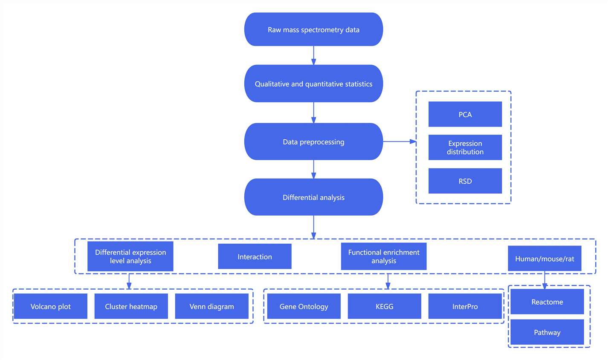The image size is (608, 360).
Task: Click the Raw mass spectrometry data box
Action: (x=313, y=29)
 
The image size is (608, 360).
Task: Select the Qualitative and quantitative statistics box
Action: (x=313, y=84)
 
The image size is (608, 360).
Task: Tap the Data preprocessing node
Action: (x=313, y=141)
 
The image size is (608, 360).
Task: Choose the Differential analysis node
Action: (x=313, y=197)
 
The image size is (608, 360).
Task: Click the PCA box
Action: (x=465, y=114)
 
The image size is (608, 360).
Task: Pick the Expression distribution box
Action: (x=465, y=147)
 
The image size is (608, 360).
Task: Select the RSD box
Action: (x=465, y=181)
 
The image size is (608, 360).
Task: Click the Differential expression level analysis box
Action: (x=130, y=256)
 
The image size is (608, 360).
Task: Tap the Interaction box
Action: (x=255, y=256)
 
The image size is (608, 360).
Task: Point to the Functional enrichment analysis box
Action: (x=383, y=256)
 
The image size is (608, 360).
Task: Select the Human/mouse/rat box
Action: (x=544, y=258)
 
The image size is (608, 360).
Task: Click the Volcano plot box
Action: (x=50, y=306)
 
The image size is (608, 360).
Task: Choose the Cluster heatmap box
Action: (x=131, y=306)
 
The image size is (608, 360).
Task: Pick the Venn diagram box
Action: (x=211, y=306)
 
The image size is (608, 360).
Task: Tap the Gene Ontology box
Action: (x=304, y=306)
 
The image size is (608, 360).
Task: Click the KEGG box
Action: (x=384, y=306)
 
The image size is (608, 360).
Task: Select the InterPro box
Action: (x=465, y=306)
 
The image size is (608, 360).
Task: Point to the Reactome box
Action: (x=547, y=302)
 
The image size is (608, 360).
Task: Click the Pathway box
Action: (x=547, y=332)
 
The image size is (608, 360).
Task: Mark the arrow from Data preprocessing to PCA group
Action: (x=399, y=141)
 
